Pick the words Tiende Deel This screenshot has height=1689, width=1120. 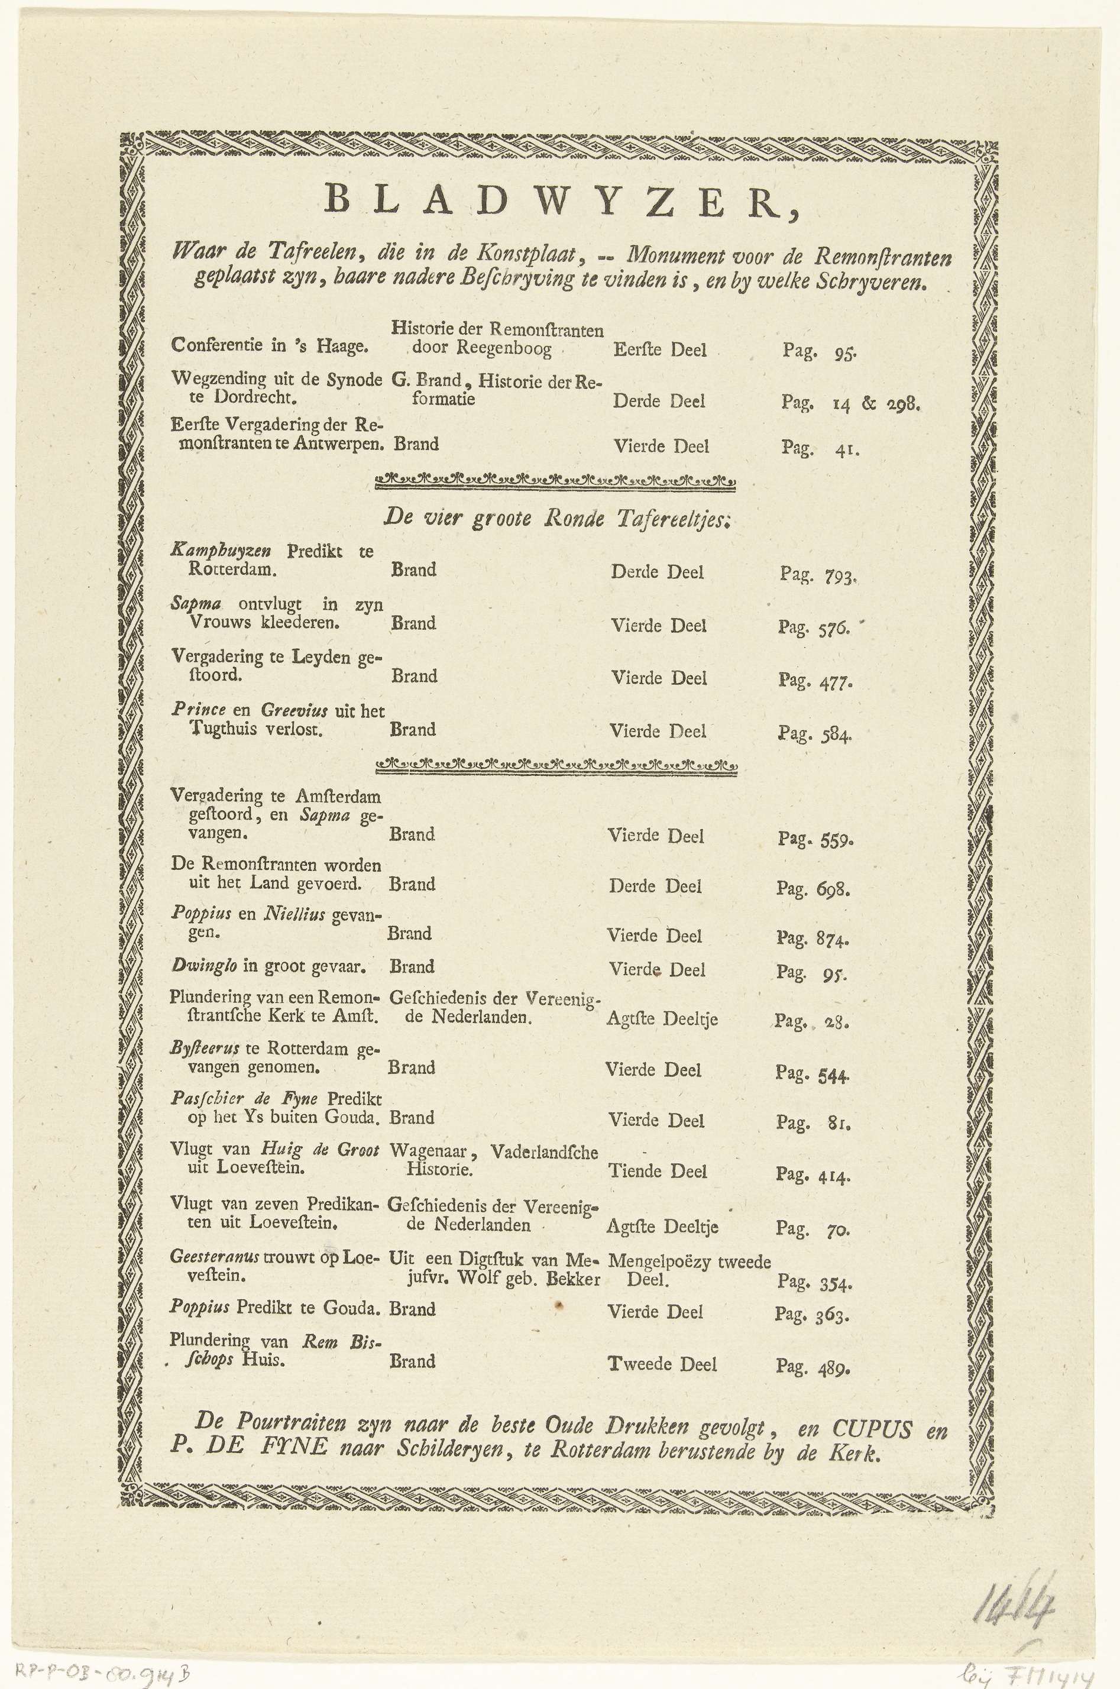(658, 1171)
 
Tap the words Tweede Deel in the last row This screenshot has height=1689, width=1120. (662, 1364)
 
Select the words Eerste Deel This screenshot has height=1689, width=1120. (659, 350)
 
